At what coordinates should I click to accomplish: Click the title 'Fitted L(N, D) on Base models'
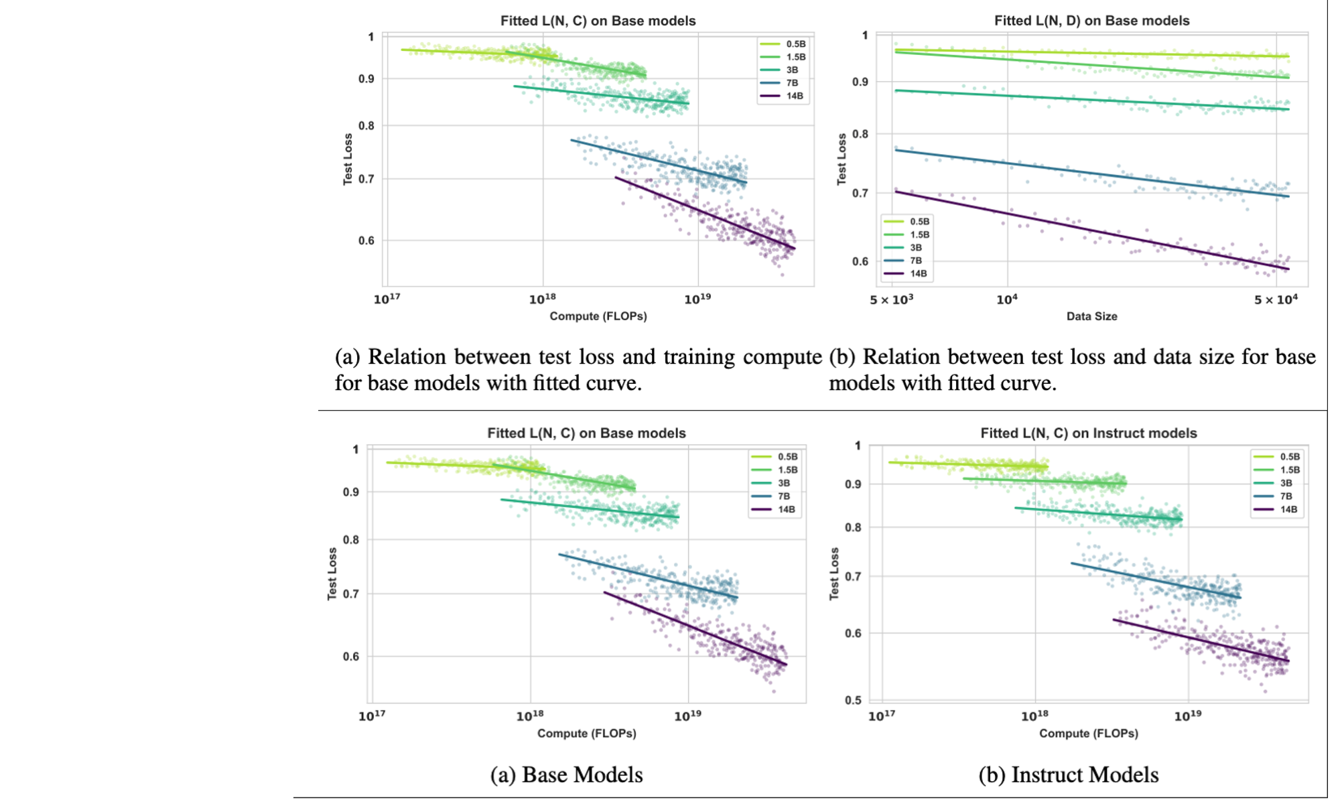tap(1091, 21)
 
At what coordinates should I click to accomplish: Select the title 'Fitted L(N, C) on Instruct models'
tap(1088, 433)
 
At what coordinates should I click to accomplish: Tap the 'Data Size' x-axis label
tap(1091, 316)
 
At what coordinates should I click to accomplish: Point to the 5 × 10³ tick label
tap(891, 299)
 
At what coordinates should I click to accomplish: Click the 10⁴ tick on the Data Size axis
tap(1006, 299)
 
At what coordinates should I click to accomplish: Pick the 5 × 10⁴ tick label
tap(1276, 299)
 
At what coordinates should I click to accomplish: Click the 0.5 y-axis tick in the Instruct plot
tap(853, 700)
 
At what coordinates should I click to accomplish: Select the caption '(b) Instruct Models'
tap(1068, 775)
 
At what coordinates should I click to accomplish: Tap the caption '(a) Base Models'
tap(566, 775)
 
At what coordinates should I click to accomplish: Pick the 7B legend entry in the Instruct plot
tap(1285, 496)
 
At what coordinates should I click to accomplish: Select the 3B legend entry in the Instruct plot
tap(1285, 483)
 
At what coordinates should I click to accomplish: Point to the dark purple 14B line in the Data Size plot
tap(1092, 231)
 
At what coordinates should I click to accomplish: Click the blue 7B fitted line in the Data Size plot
tap(1092, 174)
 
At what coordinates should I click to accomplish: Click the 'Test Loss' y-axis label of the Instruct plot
tap(834, 574)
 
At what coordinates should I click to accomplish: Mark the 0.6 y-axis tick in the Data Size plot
tap(860, 262)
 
